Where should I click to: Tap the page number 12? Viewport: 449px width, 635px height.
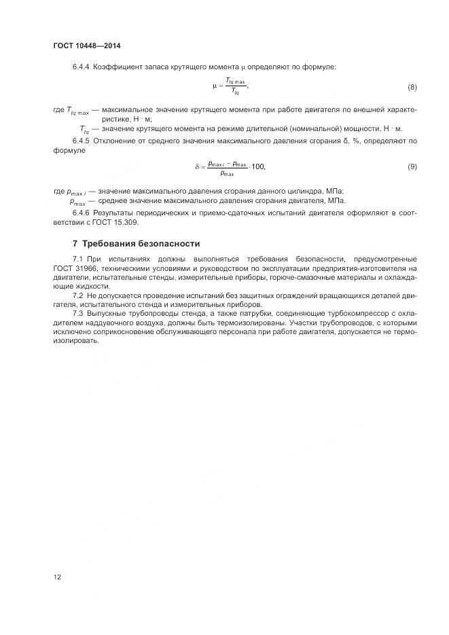coord(57,577)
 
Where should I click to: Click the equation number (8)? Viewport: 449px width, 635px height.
coord(412,88)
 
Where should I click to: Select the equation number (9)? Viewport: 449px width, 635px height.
coord(412,166)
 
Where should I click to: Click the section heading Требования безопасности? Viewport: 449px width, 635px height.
coord(141,243)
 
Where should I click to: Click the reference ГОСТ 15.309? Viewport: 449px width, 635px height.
coord(113,222)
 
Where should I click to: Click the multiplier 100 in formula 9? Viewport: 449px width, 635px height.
coord(258,166)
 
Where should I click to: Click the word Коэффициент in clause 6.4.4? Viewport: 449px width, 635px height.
coord(117,66)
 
